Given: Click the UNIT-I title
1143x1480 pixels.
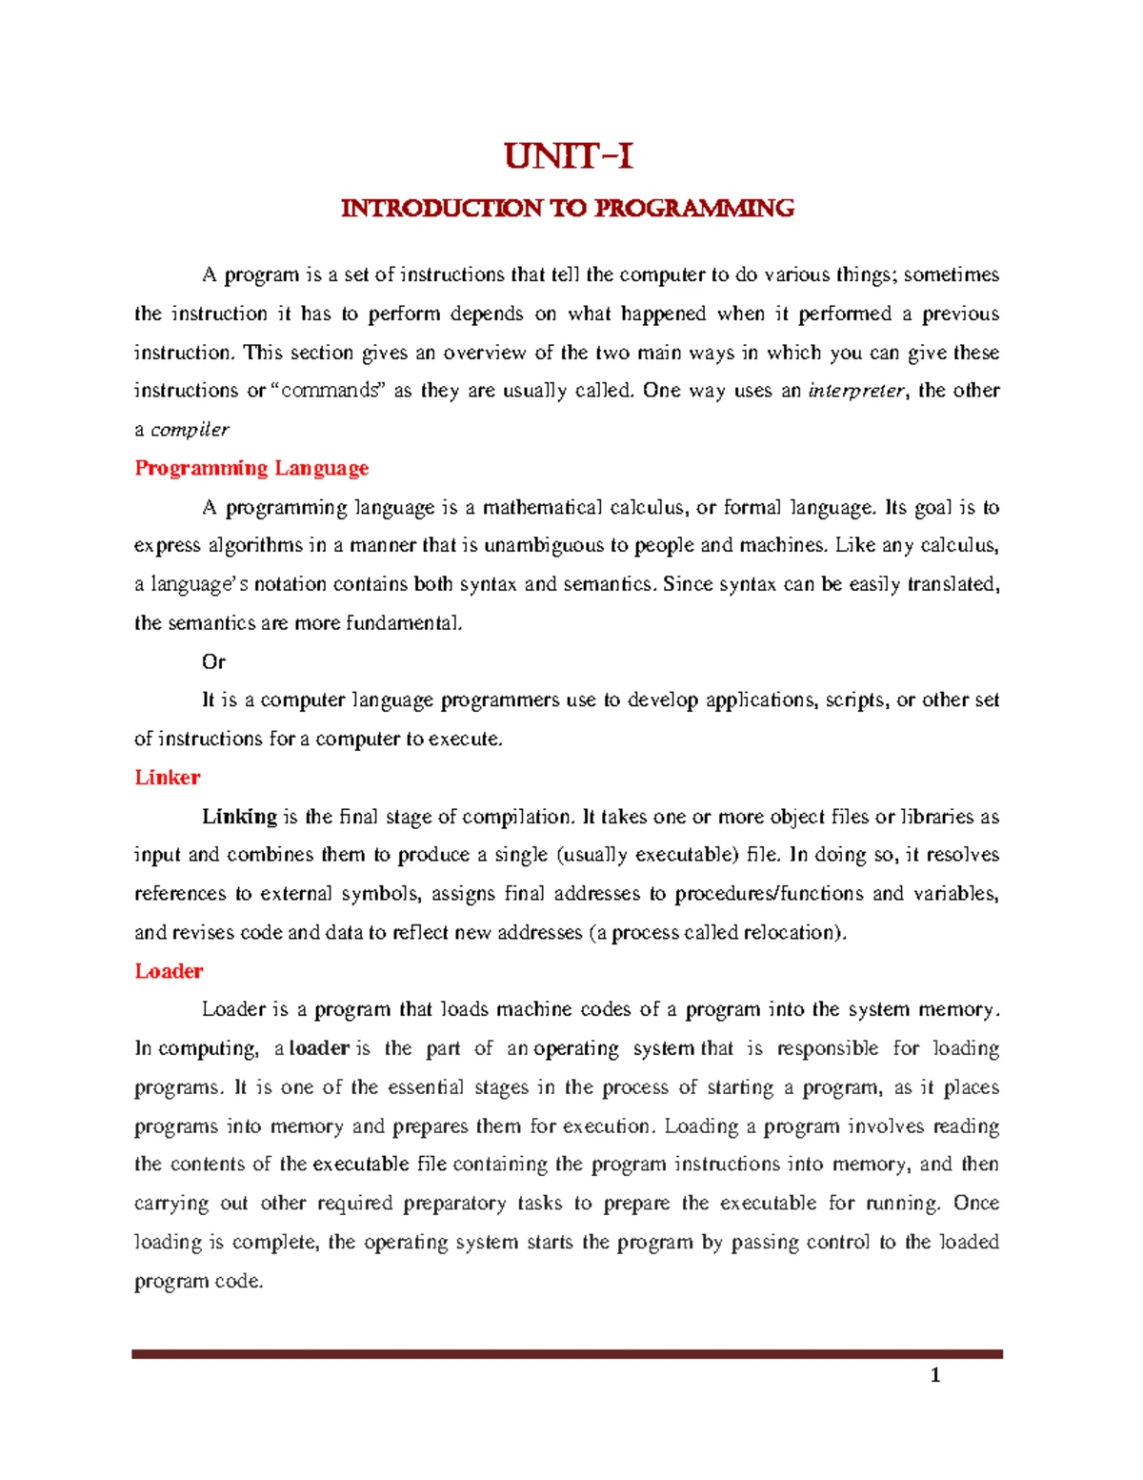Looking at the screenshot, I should tap(569, 156).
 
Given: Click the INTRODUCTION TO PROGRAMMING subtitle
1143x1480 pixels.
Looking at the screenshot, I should tap(568, 209).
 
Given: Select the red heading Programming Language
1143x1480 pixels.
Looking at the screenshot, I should tap(251, 468).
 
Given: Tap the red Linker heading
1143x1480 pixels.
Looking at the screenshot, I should tap(168, 778).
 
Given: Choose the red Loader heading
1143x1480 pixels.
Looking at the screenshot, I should tap(169, 971).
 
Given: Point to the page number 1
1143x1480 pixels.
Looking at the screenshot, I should tap(935, 1374).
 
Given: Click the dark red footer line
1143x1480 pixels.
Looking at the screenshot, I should tap(567, 1353).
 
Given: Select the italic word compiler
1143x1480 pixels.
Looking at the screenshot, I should tap(190, 430).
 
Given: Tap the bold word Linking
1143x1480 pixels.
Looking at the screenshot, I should tap(238, 817).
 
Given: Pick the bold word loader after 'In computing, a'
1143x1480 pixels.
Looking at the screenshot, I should tap(319, 1048).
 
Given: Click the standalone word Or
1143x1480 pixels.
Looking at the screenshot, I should tap(213, 661).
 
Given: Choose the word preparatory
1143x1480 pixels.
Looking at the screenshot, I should tap(454, 1204).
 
